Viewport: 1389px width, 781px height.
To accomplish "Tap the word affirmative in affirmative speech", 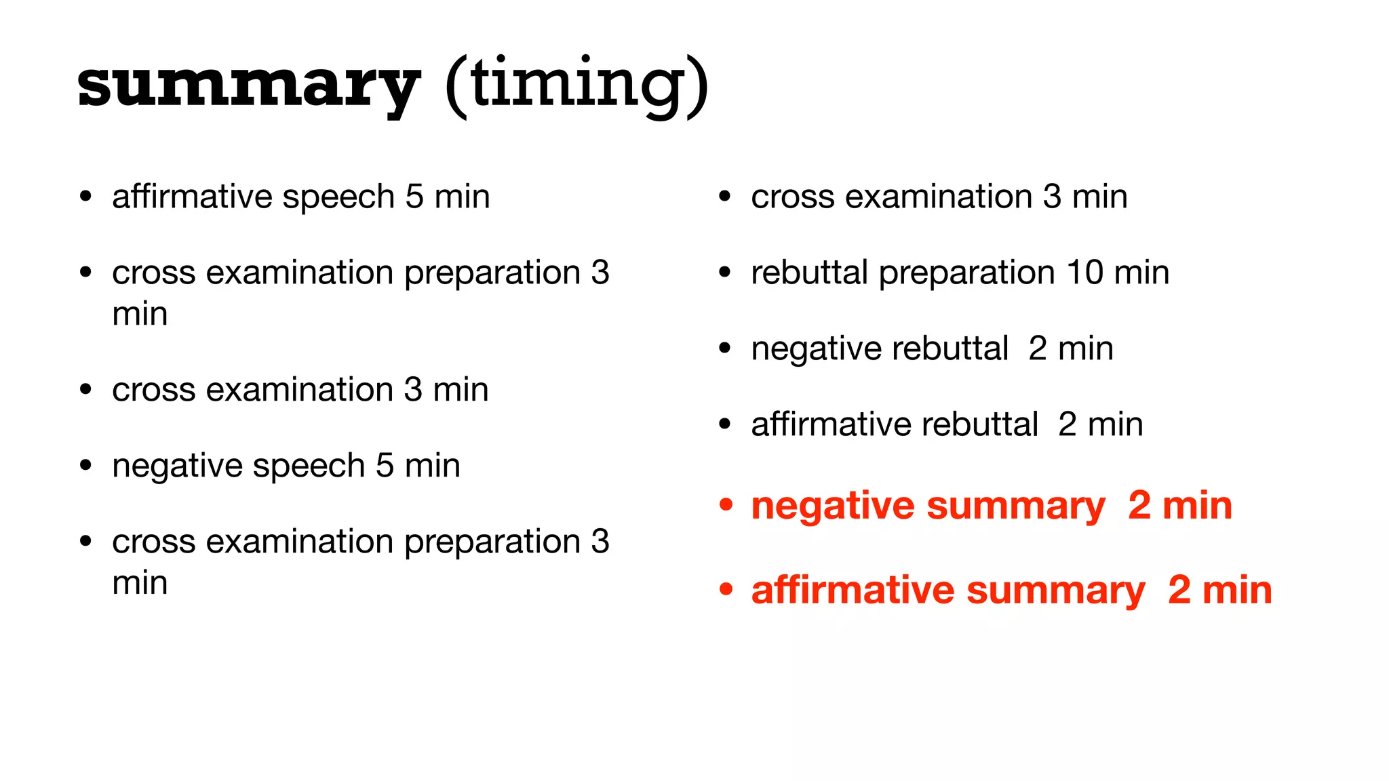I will pyautogui.click(x=192, y=197).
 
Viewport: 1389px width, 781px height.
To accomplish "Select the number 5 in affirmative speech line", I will pyautogui.click(x=414, y=197).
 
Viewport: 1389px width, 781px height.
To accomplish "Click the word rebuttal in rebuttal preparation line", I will pyautogui.click(x=809, y=273).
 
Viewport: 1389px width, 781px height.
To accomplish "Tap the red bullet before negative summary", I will pyautogui.click(x=726, y=505).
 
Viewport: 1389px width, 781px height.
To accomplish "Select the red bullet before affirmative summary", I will pyautogui.click(x=726, y=589).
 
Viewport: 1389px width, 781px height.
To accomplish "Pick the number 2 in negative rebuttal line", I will pyautogui.click(x=1037, y=349).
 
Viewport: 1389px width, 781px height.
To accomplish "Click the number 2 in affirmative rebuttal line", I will pyautogui.click(x=1067, y=425).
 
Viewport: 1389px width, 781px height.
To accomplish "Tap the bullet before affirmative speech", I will pyautogui.click(x=85, y=197).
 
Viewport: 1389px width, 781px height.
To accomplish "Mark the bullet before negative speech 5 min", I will pyautogui.click(x=85, y=466).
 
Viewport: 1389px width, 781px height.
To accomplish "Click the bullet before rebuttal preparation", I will pyautogui.click(x=725, y=273).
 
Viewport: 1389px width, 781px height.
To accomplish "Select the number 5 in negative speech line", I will pyautogui.click(x=385, y=466).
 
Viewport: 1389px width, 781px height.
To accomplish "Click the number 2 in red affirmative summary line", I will pyautogui.click(x=1179, y=589).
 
